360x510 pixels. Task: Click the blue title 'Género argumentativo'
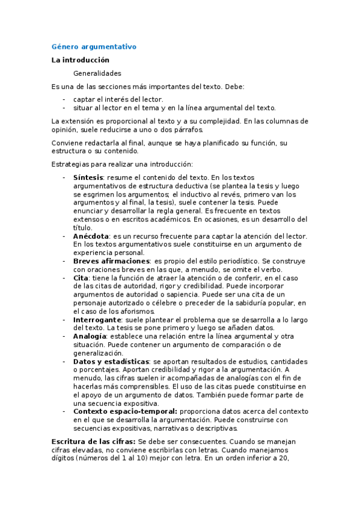tap(94, 46)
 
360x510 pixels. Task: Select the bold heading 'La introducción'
tap(81, 60)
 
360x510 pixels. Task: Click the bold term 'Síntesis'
tap(88, 178)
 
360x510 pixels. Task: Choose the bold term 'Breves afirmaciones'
tap(111, 262)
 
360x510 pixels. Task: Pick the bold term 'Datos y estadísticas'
tap(111, 361)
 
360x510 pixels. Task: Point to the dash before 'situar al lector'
tap(64, 108)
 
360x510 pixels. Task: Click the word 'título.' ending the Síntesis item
tap(84, 228)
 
